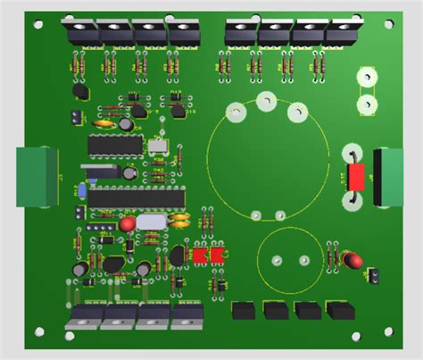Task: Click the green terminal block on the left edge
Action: (x=37, y=176)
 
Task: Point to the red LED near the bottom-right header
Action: (x=352, y=261)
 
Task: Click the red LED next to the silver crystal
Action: (x=129, y=222)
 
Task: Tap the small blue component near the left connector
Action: (x=81, y=190)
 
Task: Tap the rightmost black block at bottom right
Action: (x=339, y=311)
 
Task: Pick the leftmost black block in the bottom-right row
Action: (x=244, y=311)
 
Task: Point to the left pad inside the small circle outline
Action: (x=276, y=259)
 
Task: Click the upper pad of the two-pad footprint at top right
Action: (x=365, y=79)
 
